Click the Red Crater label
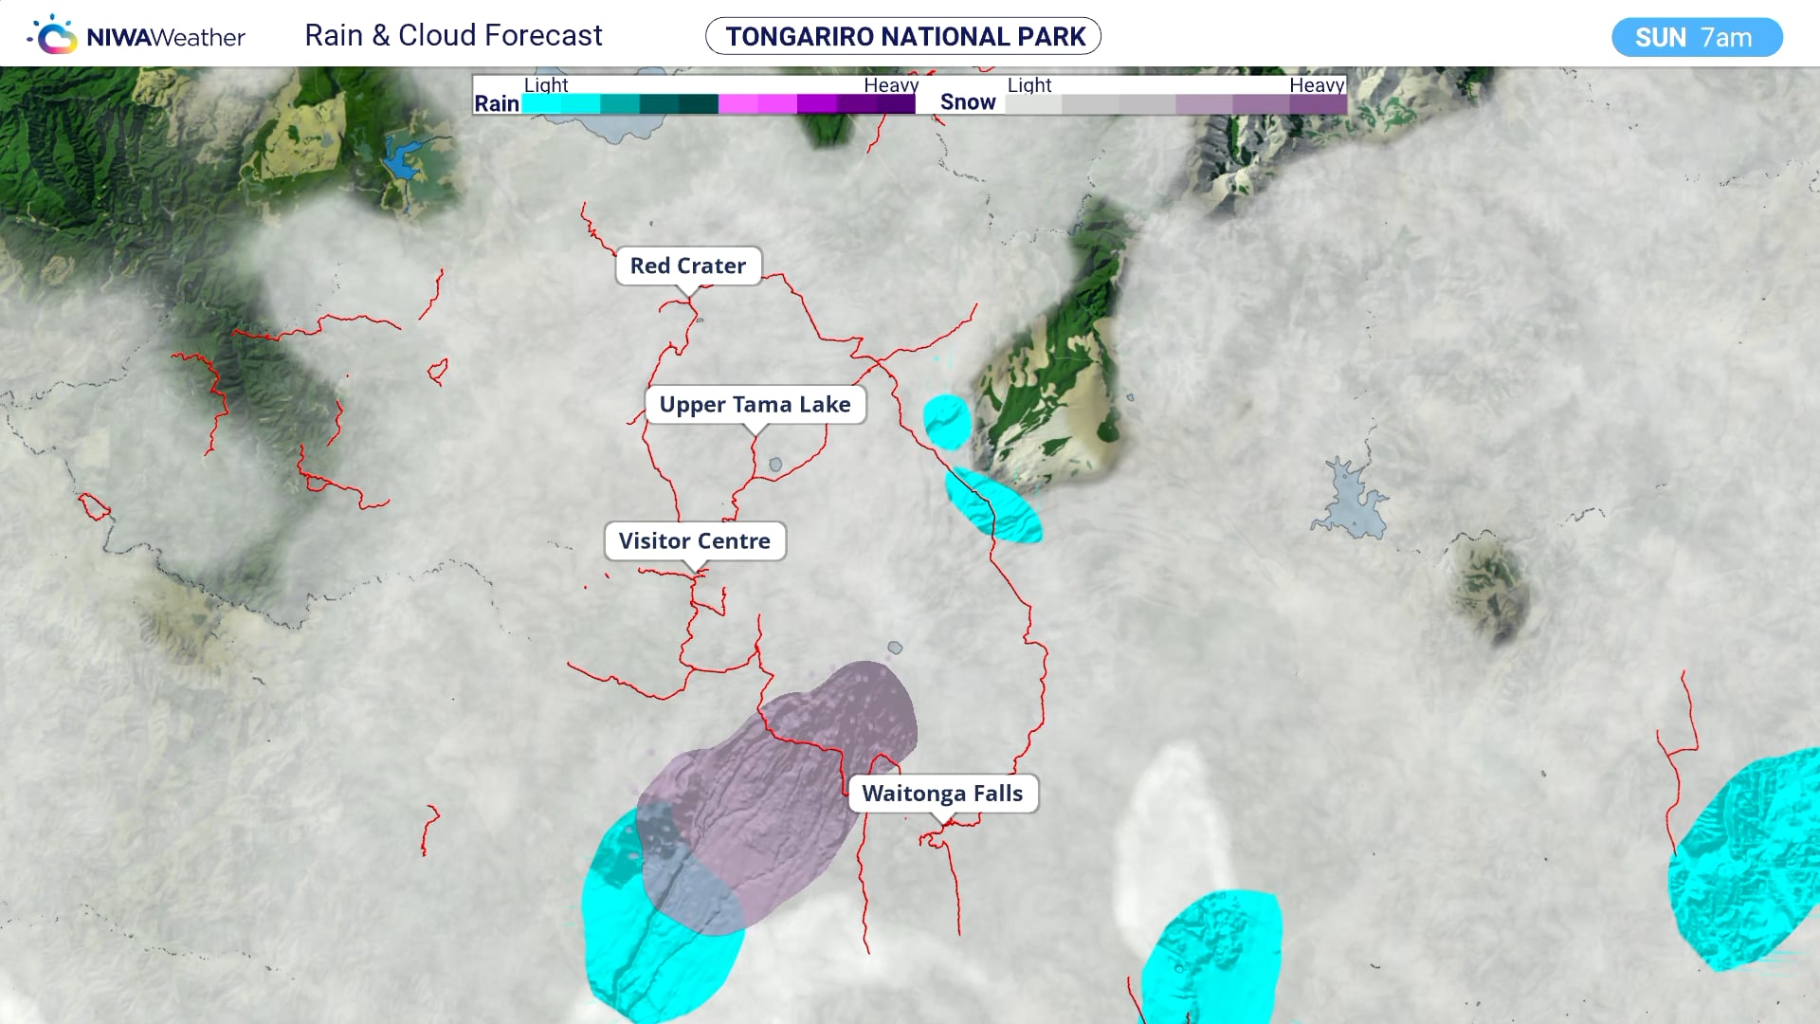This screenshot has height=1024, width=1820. [x=688, y=266]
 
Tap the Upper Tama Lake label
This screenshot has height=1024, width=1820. [x=755, y=405]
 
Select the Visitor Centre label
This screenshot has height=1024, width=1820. [x=694, y=541]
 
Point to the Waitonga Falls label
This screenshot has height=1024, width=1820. [x=942, y=794]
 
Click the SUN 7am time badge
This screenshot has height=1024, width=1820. [x=1696, y=38]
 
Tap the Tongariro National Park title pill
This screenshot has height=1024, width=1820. [x=903, y=37]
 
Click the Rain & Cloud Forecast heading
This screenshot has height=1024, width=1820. [x=453, y=36]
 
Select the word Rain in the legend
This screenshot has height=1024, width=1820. [x=497, y=103]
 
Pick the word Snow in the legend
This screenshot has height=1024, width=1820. [x=968, y=102]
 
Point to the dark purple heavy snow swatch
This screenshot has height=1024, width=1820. [x=1318, y=104]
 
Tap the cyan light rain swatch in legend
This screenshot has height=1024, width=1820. [x=559, y=104]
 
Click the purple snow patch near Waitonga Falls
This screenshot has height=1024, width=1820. [x=787, y=787]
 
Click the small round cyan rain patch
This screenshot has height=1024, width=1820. [x=947, y=421]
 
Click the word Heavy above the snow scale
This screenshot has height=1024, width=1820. [x=1316, y=85]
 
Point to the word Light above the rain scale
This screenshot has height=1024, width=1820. [x=546, y=85]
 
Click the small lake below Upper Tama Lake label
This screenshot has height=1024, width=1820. [x=775, y=465]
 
